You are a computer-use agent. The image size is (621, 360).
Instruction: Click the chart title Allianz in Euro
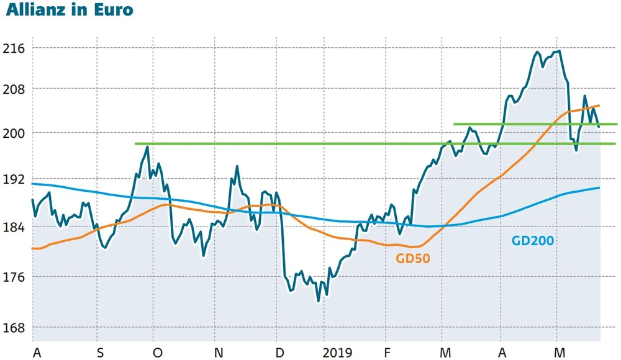[69, 11]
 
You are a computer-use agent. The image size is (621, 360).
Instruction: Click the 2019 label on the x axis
[337, 353]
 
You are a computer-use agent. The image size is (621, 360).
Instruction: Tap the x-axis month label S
[100, 353]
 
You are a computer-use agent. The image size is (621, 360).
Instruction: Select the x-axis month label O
[158, 353]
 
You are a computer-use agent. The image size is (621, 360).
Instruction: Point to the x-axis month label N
[218, 353]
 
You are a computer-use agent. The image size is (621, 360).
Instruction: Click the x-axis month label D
[279, 353]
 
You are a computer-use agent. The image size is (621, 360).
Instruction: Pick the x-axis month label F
[388, 353]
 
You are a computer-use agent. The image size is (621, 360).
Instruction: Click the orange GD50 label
[413, 258]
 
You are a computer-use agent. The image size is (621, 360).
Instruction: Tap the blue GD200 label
[532, 241]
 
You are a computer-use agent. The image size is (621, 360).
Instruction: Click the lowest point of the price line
[319, 301]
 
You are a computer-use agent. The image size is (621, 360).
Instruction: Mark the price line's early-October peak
[147, 146]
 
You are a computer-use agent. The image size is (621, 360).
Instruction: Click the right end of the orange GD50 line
[599, 106]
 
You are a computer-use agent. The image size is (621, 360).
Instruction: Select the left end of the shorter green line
[455, 124]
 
